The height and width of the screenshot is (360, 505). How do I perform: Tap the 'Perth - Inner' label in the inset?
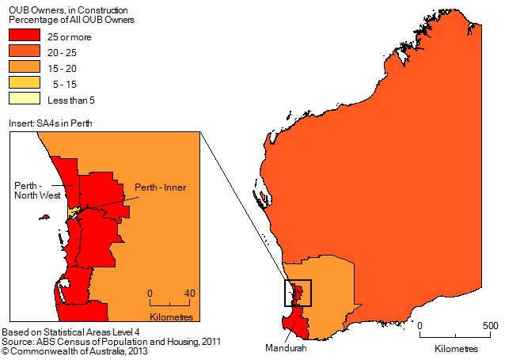161,188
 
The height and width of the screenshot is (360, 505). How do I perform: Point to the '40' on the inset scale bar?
189,293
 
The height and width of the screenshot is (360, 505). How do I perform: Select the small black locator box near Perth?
298,293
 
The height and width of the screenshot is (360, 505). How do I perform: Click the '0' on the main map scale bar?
421,326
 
